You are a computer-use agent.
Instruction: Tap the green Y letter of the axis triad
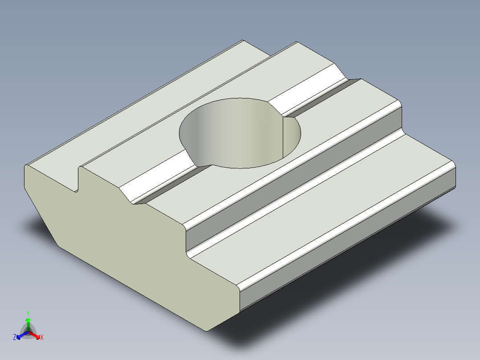point(28,313)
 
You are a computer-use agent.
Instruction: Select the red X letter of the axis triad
point(42,338)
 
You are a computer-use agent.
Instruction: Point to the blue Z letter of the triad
point(15,338)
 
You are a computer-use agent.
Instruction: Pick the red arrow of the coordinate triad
point(36,335)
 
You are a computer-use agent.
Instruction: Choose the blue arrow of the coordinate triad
point(20,335)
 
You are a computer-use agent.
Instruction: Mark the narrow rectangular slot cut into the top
point(76,178)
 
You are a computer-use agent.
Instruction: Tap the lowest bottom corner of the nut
point(206,330)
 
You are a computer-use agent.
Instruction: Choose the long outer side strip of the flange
point(347,250)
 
